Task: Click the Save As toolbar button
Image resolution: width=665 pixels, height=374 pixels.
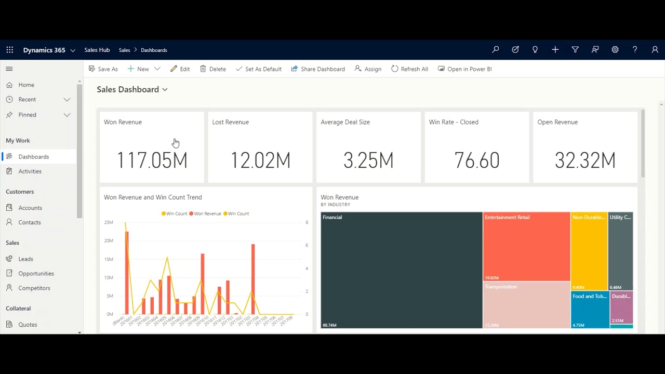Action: click(x=103, y=69)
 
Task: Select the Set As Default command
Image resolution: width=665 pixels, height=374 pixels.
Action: click(x=259, y=69)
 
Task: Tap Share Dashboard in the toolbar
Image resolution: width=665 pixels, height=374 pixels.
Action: click(x=318, y=69)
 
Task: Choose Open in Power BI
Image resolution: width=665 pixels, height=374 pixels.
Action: click(x=465, y=69)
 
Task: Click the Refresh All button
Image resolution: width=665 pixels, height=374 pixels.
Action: click(x=410, y=69)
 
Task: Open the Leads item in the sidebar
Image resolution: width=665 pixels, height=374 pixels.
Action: click(x=25, y=259)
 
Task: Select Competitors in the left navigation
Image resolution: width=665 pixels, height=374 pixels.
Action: click(x=34, y=288)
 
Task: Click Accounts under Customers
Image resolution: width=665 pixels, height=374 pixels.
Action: click(x=30, y=208)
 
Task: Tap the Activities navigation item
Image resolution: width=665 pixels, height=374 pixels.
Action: click(x=30, y=171)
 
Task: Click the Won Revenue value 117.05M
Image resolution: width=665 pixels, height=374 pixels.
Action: click(x=152, y=161)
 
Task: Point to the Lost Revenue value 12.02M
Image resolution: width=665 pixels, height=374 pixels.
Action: click(x=260, y=161)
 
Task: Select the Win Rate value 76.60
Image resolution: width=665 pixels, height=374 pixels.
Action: click(x=476, y=161)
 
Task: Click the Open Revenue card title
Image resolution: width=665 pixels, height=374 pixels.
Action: click(x=557, y=122)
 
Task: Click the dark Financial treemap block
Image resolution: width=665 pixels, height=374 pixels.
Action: click(x=401, y=270)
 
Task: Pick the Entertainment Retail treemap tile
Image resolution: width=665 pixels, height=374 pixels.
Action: click(x=526, y=247)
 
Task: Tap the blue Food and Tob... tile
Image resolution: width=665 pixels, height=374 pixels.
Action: click(x=590, y=310)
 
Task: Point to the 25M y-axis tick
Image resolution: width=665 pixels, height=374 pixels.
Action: click(x=109, y=222)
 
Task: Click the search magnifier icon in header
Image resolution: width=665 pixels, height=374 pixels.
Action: click(x=496, y=50)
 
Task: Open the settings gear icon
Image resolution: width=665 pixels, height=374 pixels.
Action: click(x=615, y=50)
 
